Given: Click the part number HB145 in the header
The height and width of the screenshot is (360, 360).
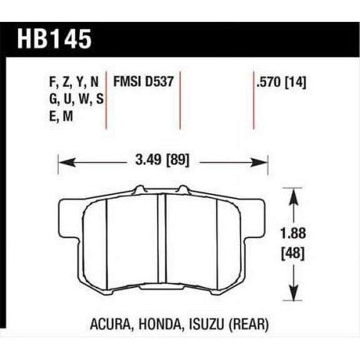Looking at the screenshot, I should click(57, 38).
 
